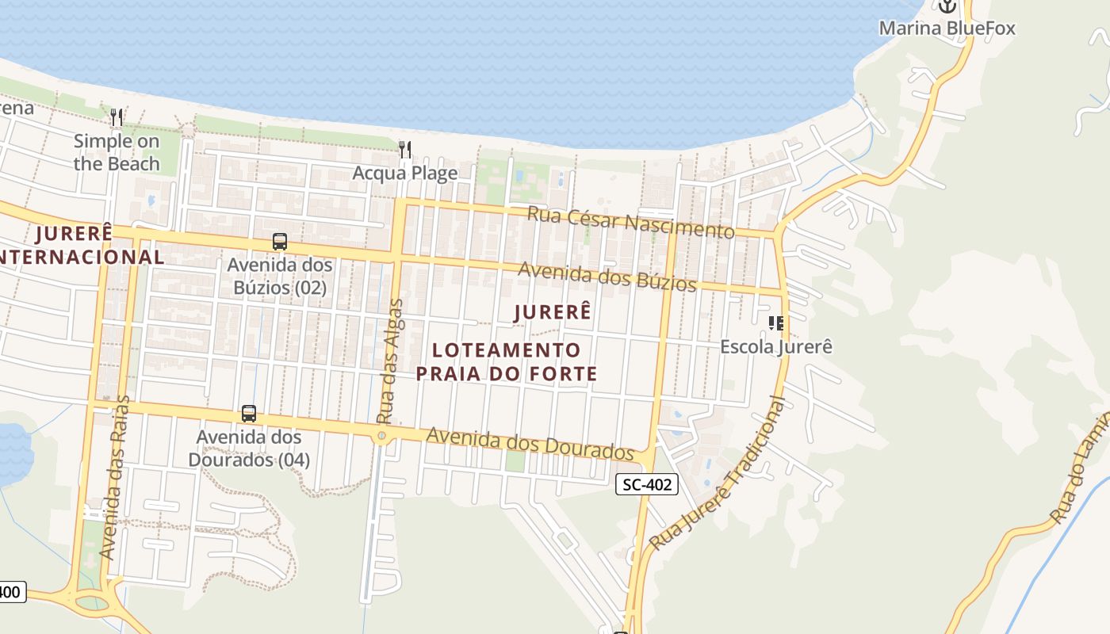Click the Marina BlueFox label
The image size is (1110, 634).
coord(947,29)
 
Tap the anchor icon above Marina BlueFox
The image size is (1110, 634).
coord(947,6)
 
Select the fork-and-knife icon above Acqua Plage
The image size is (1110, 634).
coord(405,149)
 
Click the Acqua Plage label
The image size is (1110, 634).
coord(405,173)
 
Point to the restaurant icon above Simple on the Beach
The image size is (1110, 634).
coord(117,117)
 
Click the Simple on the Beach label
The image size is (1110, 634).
coord(117,153)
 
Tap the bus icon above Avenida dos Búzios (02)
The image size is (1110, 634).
coord(279,242)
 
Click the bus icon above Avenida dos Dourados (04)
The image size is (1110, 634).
coord(249,413)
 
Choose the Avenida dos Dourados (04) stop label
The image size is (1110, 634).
coord(249,448)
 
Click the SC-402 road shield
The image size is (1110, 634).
coord(647,484)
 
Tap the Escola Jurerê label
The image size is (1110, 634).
coord(776,347)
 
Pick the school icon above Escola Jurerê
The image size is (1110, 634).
coord(776,323)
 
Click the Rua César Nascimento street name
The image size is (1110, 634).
coord(631,222)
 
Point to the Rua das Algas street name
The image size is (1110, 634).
coord(390,361)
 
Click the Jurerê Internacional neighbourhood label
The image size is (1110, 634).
coord(79,245)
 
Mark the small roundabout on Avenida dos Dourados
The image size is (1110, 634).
coord(382,436)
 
